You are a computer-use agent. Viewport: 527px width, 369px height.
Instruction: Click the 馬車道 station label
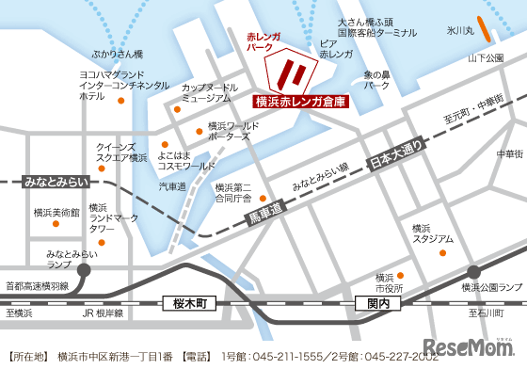(x=264, y=216)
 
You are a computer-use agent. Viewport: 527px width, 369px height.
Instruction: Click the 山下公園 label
(x=486, y=58)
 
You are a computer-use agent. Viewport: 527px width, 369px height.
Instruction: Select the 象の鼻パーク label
(x=376, y=79)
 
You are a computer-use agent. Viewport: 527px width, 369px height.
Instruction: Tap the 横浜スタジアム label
(x=432, y=233)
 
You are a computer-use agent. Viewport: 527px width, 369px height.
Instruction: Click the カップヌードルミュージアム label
(x=206, y=91)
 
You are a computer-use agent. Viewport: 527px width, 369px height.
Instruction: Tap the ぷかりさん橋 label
(x=118, y=55)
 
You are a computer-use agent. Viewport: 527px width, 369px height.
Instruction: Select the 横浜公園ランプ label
(x=490, y=287)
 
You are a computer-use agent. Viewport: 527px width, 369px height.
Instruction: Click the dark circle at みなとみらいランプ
(x=85, y=270)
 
